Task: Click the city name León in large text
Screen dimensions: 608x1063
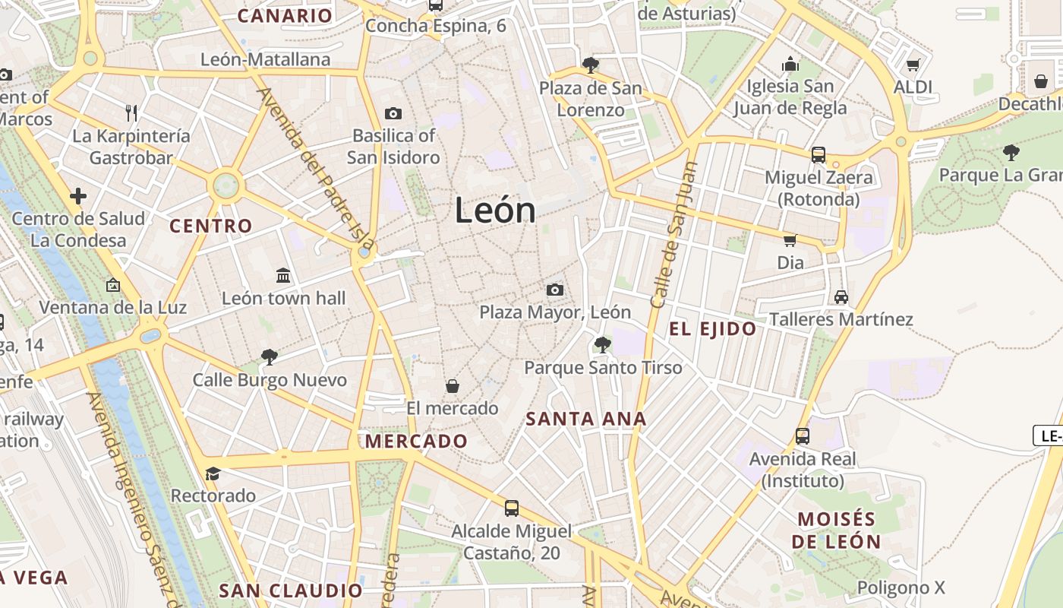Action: click(495, 210)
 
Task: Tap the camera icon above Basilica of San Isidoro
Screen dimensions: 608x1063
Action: click(393, 113)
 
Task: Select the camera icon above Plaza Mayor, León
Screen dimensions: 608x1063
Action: click(555, 290)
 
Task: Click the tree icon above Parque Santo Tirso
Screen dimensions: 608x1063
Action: click(603, 345)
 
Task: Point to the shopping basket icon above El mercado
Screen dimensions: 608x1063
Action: click(453, 386)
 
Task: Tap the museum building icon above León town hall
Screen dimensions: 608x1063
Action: click(283, 275)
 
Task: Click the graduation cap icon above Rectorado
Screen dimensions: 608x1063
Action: click(213, 473)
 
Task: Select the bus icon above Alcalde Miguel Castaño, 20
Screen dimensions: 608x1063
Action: click(512, 508)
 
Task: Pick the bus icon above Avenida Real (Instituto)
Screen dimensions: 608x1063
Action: click(803, 436)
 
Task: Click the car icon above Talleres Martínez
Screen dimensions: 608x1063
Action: click(841, 296)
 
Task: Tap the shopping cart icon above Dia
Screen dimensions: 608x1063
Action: click(790, 240)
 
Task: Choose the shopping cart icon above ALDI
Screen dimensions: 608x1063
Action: click(913, 65)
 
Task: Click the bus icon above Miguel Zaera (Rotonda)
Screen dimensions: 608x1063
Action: click(819, 155)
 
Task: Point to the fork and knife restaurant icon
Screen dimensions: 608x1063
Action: click(131, 113)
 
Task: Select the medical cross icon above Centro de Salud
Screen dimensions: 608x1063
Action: click(78, 196)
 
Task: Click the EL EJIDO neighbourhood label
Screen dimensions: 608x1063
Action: click(713, 329)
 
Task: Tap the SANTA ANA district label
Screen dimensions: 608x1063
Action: click(586, 419)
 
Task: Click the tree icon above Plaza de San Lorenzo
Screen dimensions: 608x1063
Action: click(590, 65)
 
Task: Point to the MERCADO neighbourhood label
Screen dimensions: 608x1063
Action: click(416, 442)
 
